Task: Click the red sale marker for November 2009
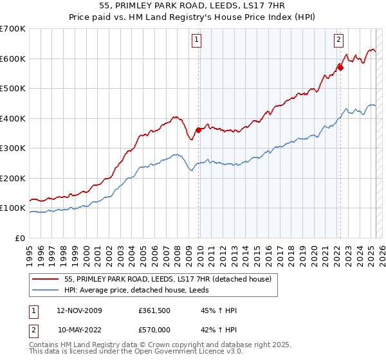198,130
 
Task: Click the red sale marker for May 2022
340,67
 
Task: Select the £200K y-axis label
13,178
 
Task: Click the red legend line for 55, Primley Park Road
46,279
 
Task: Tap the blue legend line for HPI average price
46,290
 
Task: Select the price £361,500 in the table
154,311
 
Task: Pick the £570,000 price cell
154,329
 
